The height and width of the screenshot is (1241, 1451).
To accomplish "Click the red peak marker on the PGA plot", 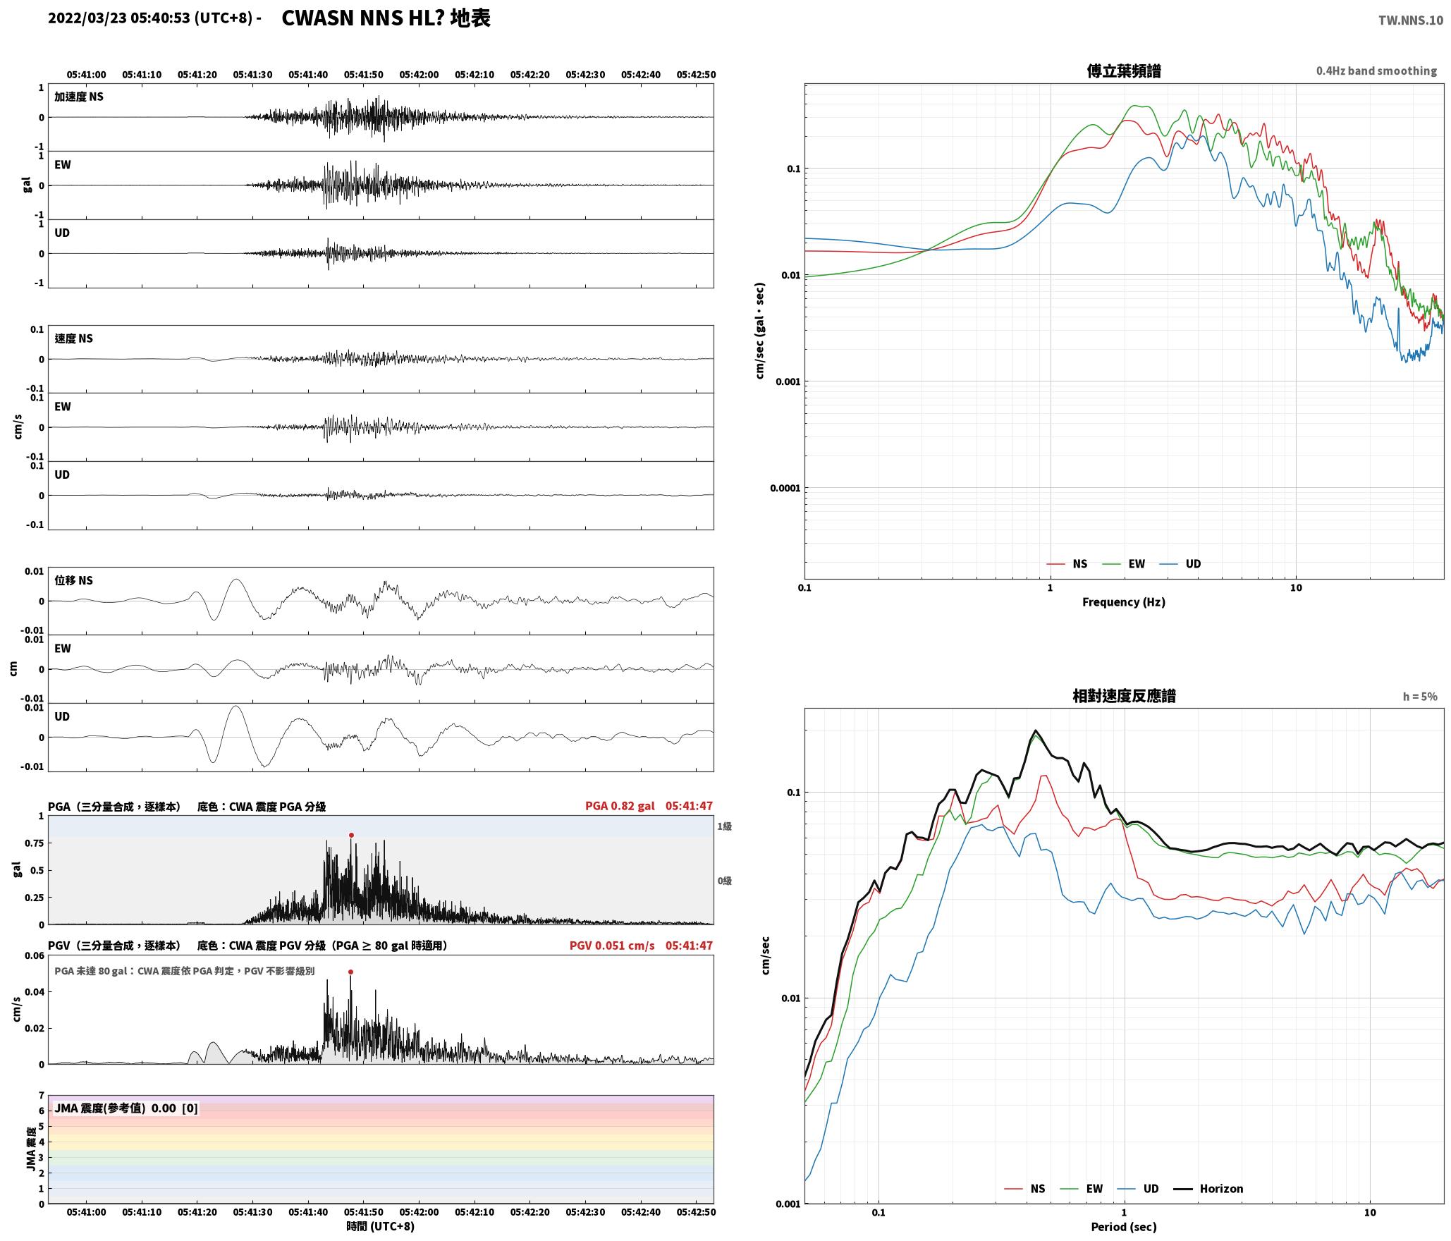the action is point(351,835).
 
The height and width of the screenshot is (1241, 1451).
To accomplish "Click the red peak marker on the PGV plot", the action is point(350,972).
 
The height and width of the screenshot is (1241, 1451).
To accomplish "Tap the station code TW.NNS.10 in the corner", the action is point(1411,20).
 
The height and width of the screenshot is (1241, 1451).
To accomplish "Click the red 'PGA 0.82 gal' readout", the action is point(620,806).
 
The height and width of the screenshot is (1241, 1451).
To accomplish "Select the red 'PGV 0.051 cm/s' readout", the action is point(612,946).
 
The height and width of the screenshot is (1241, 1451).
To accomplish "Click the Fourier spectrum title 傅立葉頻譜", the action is point(1124,71).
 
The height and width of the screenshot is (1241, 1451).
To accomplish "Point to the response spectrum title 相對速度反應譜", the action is point(1124,696).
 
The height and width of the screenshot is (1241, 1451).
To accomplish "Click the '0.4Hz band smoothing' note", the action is point(1376,71).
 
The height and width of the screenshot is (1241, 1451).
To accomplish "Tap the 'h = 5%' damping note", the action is point(1420,697).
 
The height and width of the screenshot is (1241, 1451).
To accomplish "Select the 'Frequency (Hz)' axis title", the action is point(1124,602).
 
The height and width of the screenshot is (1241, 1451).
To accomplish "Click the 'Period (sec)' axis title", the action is point(1124,1227).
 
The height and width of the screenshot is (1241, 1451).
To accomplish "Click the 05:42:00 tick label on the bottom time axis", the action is point(419,1212).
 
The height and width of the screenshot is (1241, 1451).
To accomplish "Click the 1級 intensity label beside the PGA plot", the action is point(724,826).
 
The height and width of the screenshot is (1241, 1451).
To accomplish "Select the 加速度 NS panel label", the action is point(79,97).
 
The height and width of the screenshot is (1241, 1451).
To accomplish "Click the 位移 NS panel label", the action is point(74,580).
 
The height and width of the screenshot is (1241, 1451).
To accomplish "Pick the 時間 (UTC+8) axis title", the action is point(381,1226).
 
